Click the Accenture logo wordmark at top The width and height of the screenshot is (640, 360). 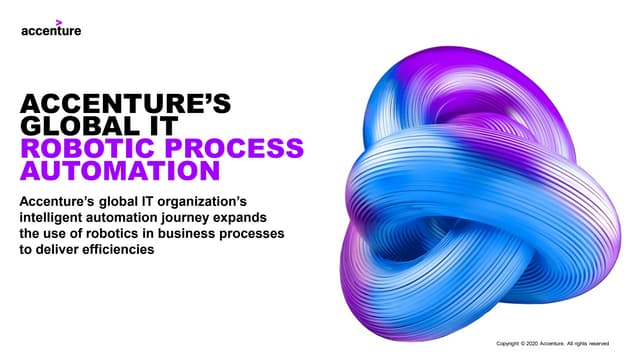[51, 30]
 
